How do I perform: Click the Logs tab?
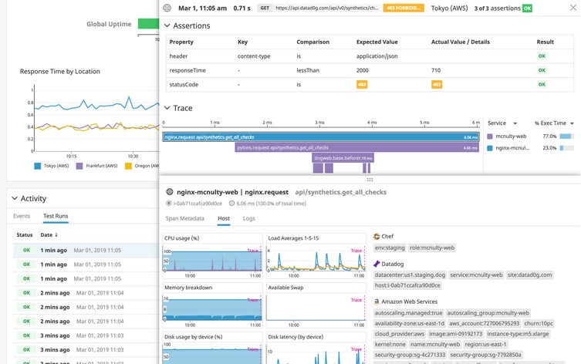pyautogui.click(x=249, y=219)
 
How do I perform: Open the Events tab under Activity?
pyautogui.click(x=22, y=216)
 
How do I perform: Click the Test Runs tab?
pyautogui.click(x=56, y=216)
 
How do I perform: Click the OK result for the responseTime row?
pyautogui.click(x=541, y=69)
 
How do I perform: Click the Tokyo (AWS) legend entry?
pyautogui.click(x=55, y=165)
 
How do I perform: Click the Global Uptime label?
pyautogui.click(x=108, y=24)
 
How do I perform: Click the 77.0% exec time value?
pyautogui.click(x=549, y=136)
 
